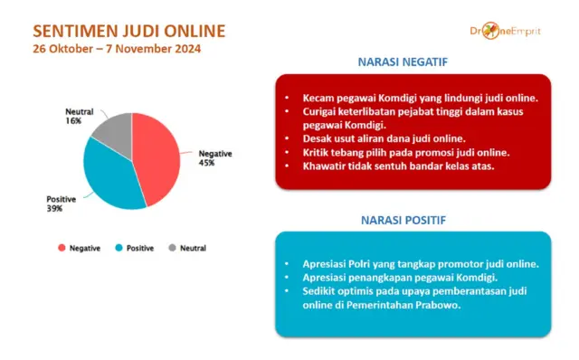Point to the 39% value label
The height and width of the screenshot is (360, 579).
pyautogui.click(x=54, y=209)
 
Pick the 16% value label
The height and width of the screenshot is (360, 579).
pyautogui.click(x=73, y=120)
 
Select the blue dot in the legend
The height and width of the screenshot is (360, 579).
pyautogui.click(x=119, y=248)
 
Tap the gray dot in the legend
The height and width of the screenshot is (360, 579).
pyautogui.click(x=172, y=248)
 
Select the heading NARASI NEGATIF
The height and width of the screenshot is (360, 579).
pyautogui.click(x=411, y=62)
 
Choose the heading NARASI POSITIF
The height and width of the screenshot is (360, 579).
pyautogui.click(x=411, y=219)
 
